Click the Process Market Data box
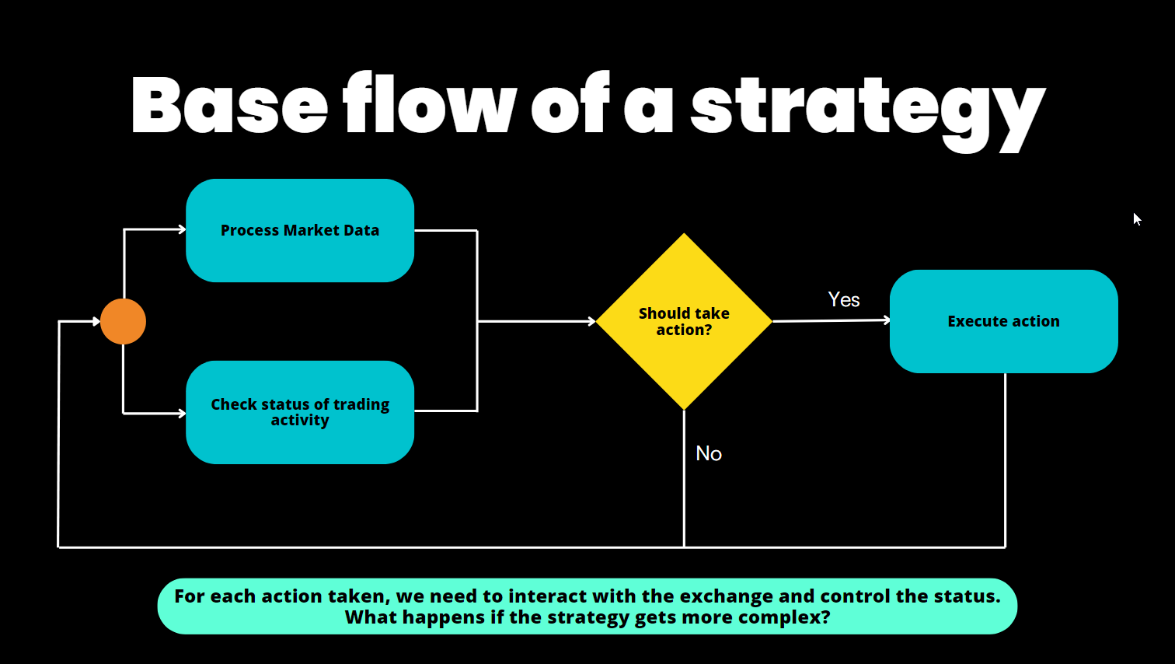(x=300, y=230)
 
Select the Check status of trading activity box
(x=300, y=412)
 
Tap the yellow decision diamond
(x=684, y=321)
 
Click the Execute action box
(x=1003, y=321)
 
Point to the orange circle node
(x=124, y=321)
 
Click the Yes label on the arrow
(x=844, y=300)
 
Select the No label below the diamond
(x=709, y=453)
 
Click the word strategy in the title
(x=867, y=109)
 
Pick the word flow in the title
(x=430, y=105)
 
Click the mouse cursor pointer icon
(x=1137, y=219)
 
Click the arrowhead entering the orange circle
(x=96, y=321)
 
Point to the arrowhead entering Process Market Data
(x=182, y=229)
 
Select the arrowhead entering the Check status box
(x=182, y=413)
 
